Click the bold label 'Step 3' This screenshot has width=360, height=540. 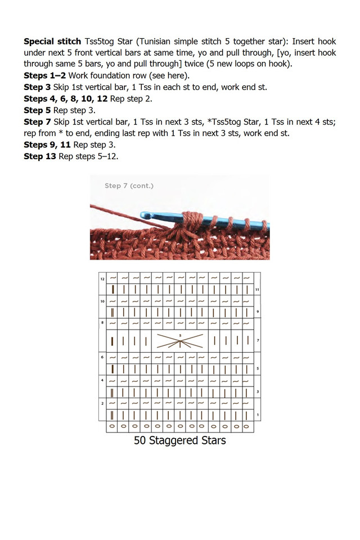[37, 87]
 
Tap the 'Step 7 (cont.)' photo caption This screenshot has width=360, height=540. [129, 186]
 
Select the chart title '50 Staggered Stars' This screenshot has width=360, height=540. [180, 440]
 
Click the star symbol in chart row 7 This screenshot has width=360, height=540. [180, 341]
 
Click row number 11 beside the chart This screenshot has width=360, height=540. [257, 289]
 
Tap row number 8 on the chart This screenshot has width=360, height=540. [102, 323]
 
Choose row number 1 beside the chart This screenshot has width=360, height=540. [257, 415]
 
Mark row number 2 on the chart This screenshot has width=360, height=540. [102, 403]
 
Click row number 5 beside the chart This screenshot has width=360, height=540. [257, 368]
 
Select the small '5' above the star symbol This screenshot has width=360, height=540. [180, 335]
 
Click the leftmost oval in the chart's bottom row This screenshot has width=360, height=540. [112, 427]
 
